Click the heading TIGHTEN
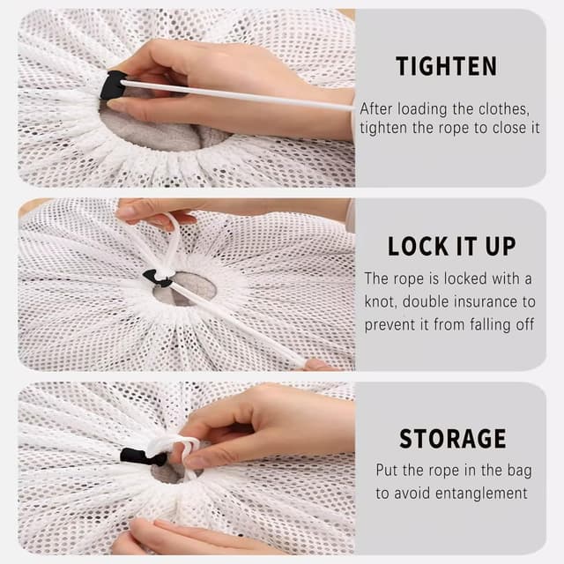[447, 67]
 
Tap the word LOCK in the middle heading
[418, 247]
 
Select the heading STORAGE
[453, 439]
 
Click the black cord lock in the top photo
[112, 85]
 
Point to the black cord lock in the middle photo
[157, 278]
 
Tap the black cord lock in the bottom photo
[143, 456]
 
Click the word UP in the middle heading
[501, 247]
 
